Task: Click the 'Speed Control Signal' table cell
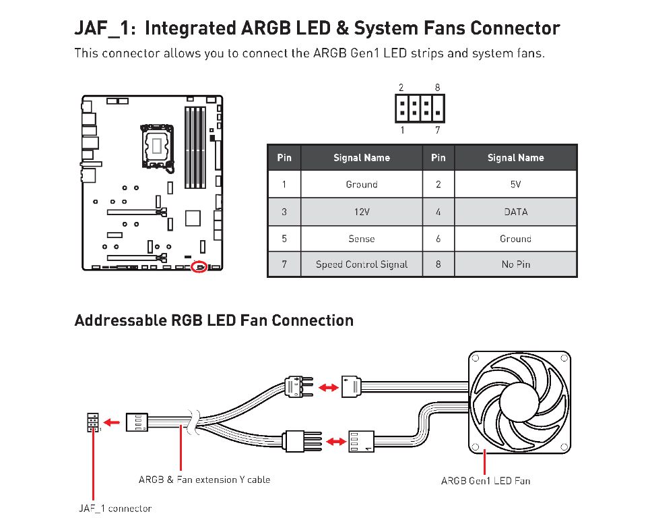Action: tap(362, 264)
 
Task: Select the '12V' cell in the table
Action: tap(362, 212)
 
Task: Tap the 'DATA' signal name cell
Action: tap(516, 212)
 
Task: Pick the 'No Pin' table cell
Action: tap(516, 264)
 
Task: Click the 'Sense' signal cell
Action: tap(362, 239)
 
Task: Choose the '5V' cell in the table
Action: tap(516, 184)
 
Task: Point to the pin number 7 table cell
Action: tap(284, 264)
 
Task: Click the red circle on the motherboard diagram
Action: tap(199, 266)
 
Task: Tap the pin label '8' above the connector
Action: tap(437, 88)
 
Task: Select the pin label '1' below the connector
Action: tap(402, 129)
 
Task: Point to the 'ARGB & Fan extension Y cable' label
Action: tap(204, 480)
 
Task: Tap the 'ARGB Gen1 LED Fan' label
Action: tap(485, 481)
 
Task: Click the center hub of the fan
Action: tap(519, 403)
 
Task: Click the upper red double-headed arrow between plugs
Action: tap(328, 388)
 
